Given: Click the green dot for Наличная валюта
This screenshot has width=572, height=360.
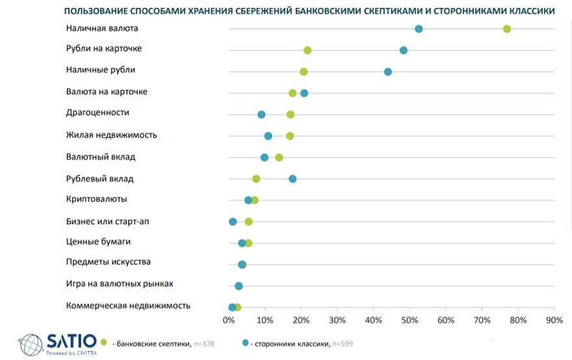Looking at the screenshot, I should pos(507,29).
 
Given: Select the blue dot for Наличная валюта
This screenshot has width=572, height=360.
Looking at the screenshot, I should pos(419,29).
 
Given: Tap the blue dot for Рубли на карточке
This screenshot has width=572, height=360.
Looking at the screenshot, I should pos(404,50).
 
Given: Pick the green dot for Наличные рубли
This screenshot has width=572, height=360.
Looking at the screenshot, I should pos(304,71).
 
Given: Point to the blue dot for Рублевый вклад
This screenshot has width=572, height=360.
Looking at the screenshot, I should pos(292,179).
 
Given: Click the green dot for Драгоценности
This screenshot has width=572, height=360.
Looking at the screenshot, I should pos(291,114).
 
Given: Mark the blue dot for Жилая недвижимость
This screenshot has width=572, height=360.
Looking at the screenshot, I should pos(268,136).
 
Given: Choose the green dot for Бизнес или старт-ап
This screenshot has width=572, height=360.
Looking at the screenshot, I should pos(248,222).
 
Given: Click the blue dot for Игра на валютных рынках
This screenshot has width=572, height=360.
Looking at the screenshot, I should pos(239,286).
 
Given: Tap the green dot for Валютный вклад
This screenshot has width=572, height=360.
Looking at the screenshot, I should pos(279,157).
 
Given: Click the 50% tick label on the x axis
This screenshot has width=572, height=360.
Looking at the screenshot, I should pos(409,320).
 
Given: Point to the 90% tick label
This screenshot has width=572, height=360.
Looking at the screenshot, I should pos(554,320).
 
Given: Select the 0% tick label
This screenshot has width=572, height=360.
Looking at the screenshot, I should pos(229,320).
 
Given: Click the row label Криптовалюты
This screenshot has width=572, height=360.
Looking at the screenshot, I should pos(96,199).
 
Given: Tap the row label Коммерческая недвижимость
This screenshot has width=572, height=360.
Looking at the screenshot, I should pos(128,305).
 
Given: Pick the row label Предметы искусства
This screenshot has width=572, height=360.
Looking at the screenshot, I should pos(108,262).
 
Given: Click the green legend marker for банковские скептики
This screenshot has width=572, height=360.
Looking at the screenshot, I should pos(103,342).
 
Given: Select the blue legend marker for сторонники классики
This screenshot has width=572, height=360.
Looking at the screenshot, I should pos(245,342).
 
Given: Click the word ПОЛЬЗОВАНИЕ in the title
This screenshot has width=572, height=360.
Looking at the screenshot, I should pos(97,11).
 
